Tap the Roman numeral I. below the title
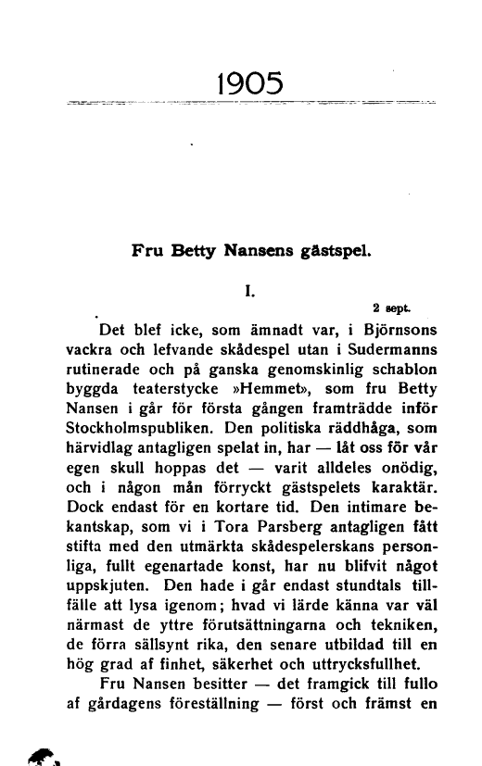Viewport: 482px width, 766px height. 249,290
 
